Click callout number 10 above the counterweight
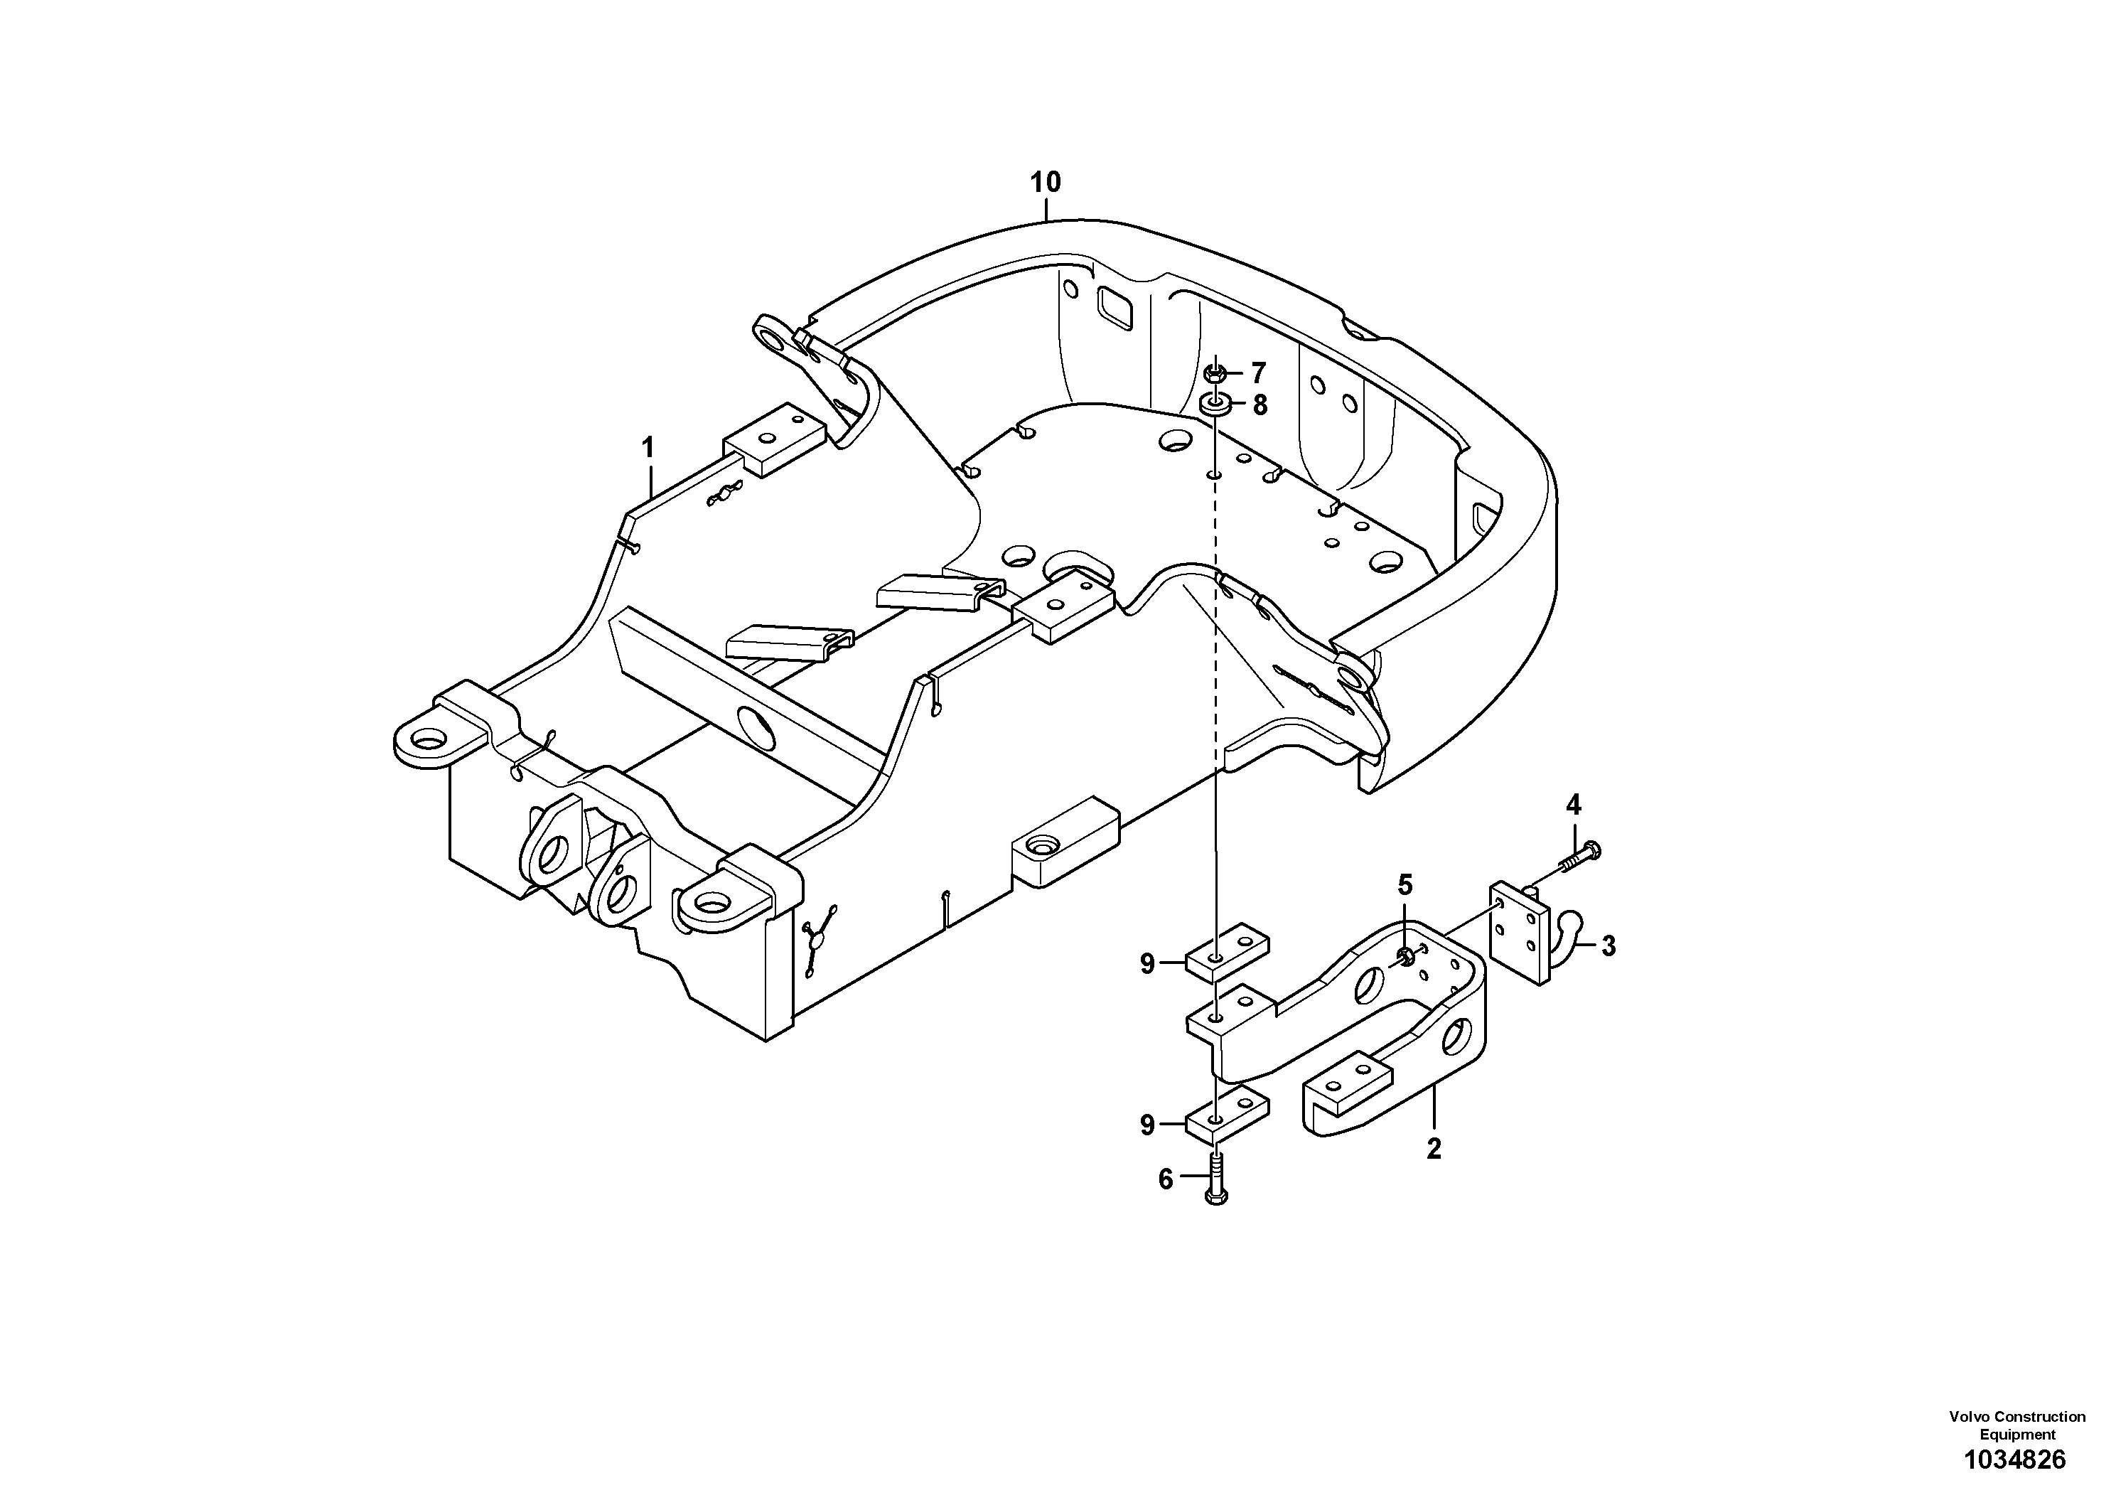(1045, 183)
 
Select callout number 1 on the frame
(648, 448)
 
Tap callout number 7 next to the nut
(1258, 373)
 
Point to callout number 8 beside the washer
(1260, 404)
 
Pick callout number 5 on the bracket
(1405, 886)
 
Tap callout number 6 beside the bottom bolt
(1165, 1180)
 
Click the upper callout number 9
(1146, 964)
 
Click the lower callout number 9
(1146, 1125)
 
